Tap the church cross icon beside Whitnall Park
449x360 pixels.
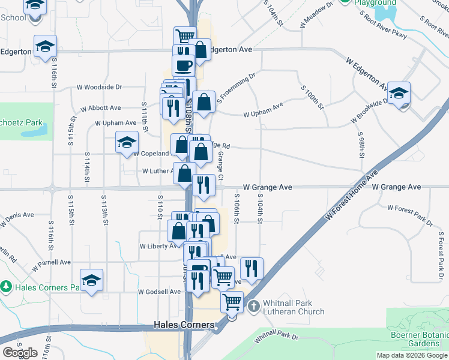[x=253, y=306]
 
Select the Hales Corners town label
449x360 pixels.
[x=184, y=325]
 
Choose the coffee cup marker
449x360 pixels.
[x=183, y=65]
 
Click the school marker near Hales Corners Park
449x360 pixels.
[x=92, y=280]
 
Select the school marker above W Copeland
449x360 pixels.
[x=127, y=142]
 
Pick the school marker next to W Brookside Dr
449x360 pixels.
[x=399, y=93]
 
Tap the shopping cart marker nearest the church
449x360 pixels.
[x=232, y=302]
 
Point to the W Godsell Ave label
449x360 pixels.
[x=159, y=292]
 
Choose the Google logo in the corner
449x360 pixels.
[x=20, y=352]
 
